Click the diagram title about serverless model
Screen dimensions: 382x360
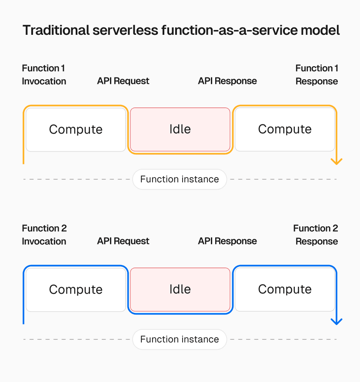pos(181,30)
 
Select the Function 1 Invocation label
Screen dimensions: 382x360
pos(44,75)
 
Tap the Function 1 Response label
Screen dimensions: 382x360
pos(317,75)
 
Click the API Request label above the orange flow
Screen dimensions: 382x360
pos(123,81)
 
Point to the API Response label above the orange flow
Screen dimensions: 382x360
pos(227,81)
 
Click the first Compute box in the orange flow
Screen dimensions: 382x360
pos(76,129)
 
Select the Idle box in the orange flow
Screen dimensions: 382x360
pos(180,129)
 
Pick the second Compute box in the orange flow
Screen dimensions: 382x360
pos(285,129)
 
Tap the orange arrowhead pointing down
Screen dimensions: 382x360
pos(337,161)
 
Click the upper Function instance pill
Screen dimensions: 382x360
pos(180,179)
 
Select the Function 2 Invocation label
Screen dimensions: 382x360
pos(44,235)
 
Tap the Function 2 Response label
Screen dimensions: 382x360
pos(316,235)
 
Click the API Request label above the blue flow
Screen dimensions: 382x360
pos(123,241)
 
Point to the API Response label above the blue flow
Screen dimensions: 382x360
pos(227,241)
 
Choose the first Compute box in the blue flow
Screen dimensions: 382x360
pos(76,289)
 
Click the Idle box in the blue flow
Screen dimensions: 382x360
pos(180,289)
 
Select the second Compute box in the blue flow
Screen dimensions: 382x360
pos(285,289)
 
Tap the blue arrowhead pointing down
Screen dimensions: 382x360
pos(337,322)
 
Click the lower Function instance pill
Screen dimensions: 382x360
pos(180,339)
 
